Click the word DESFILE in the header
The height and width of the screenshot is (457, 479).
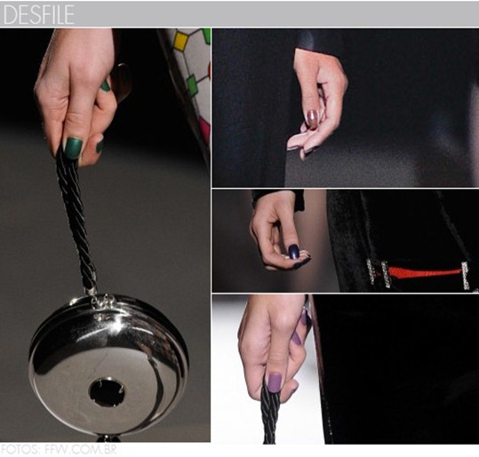click(38, 14)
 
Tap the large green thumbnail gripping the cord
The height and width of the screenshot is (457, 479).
click(73, 148)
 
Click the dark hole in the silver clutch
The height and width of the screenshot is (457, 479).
click(107, 391)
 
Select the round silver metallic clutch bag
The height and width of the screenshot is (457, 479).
click(108, 367)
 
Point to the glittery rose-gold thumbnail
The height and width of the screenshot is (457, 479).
click(313, 119)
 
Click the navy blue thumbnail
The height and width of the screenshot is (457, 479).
click(293, 252)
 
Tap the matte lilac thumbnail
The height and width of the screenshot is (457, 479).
click(274, 382)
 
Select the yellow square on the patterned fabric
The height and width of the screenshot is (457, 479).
click(180, 40)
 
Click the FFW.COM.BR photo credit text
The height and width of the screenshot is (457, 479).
click(80, 450)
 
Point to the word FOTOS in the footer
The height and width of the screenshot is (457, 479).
click(20, 450)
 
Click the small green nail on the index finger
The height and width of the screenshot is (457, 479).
click(106, 86)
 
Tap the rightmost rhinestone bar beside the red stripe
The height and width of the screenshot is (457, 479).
click(466, 275)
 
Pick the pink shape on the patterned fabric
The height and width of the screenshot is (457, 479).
click(204, 128)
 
